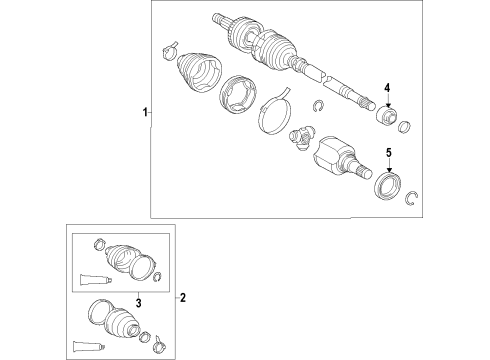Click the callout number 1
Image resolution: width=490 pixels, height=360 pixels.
(143, 112)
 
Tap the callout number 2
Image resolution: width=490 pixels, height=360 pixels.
(182, 297)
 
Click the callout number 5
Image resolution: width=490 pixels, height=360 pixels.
(389, 152)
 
